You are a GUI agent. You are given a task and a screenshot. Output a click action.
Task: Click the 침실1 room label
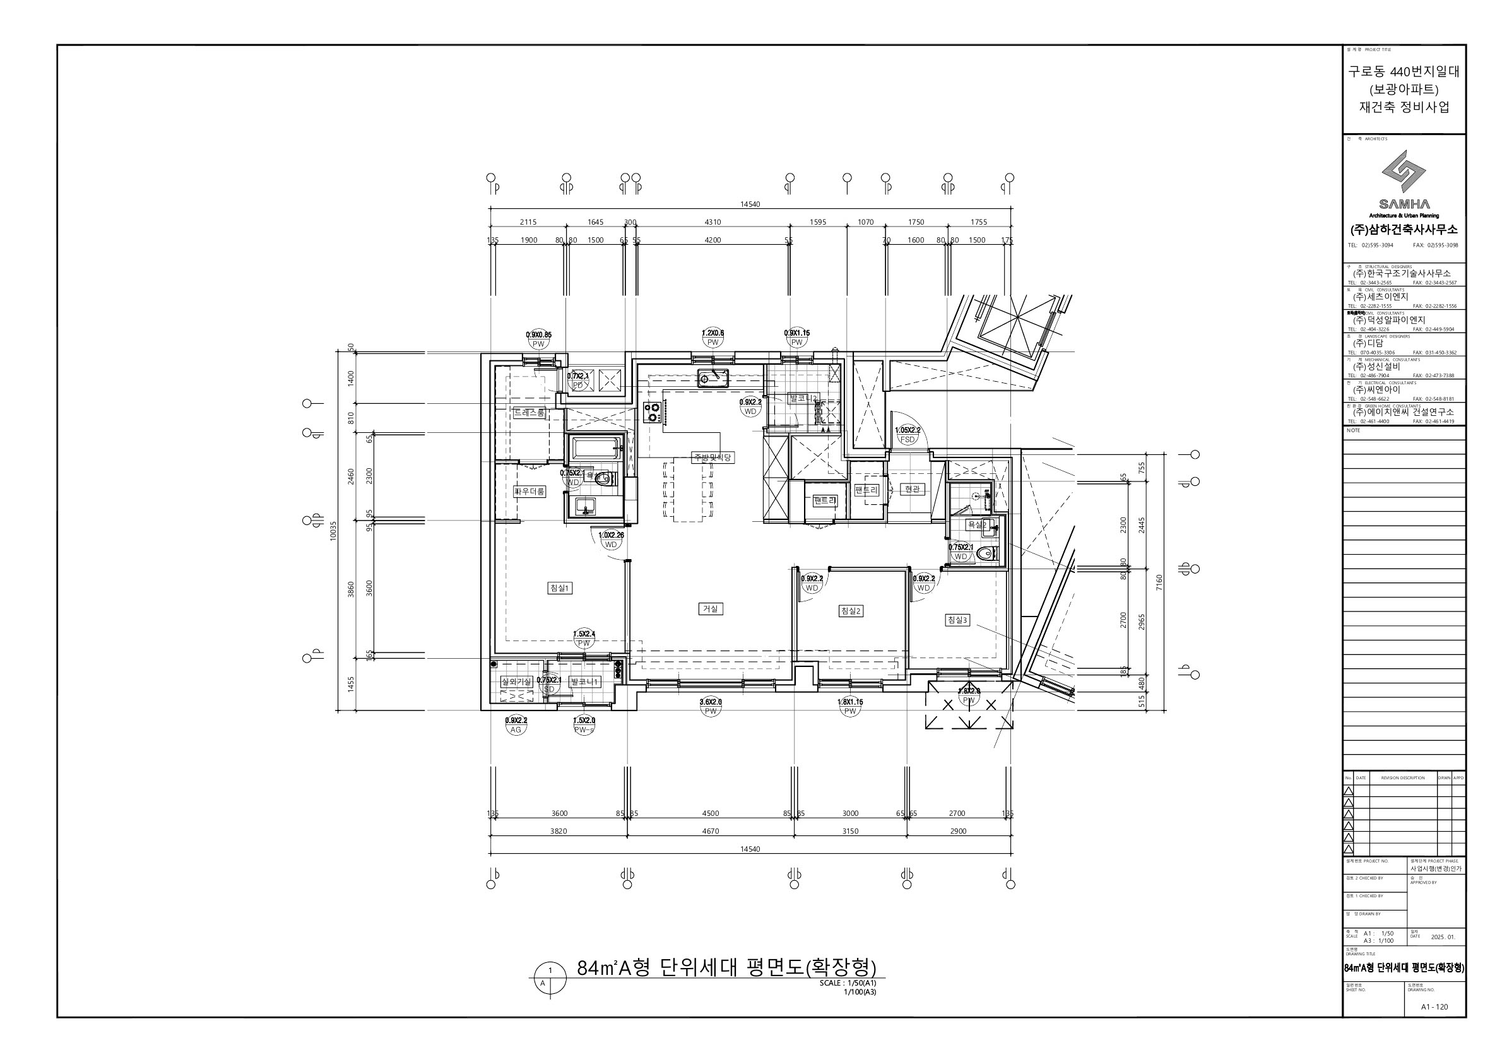559,588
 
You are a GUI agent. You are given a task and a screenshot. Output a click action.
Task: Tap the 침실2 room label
851,611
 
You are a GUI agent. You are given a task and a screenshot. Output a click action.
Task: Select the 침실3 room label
957,620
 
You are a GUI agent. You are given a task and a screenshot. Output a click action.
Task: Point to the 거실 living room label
711,609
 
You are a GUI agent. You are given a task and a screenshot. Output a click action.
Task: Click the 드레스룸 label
529,413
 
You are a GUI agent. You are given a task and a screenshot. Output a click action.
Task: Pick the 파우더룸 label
529,491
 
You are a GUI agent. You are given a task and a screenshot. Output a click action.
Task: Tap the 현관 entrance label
912,488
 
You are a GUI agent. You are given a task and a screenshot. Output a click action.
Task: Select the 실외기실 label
516,681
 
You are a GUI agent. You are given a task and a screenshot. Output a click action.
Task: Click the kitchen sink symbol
713,377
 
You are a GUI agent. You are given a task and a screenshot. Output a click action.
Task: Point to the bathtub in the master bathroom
595,449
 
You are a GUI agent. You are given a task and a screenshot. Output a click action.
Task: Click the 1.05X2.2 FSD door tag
908,435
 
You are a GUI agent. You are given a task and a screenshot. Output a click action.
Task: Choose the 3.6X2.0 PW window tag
711,706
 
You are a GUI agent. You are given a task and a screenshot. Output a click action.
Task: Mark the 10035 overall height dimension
333,529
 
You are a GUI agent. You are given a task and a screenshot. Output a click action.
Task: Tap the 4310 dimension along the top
713,222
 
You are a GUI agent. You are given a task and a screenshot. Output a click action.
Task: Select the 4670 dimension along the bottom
711,831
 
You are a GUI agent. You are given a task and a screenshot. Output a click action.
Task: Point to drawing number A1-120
1434,1006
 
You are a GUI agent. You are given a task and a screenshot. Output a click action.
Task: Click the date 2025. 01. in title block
1443,937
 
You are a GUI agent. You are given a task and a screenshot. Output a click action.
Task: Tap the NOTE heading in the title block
1354,430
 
